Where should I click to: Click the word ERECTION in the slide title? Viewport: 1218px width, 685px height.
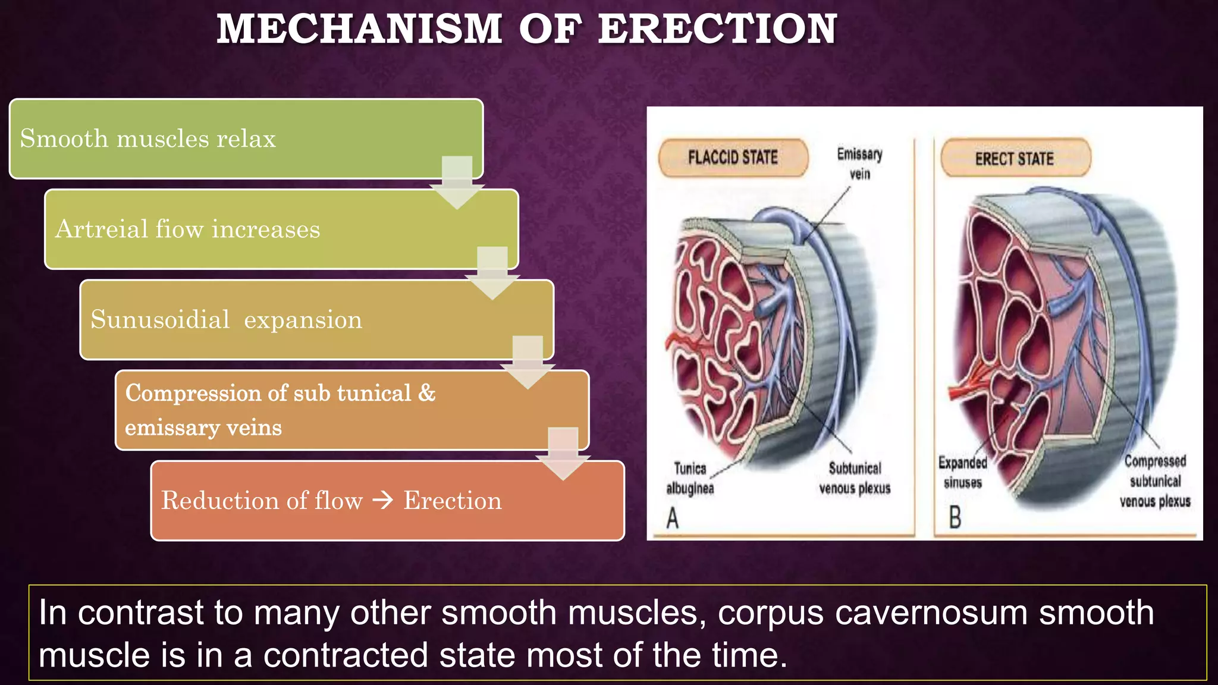[x=717, y=29]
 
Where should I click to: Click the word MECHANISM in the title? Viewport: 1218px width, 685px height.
[x=359, y=29]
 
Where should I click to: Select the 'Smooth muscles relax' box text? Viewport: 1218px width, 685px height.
[x=148, y=139]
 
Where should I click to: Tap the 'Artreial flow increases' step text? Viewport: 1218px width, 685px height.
[x=187, y=229]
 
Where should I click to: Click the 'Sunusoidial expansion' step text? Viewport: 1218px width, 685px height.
[x=226, y=320]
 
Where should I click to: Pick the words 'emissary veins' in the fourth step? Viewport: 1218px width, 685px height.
[x=203, y=428]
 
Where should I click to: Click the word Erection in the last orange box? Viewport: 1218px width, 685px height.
[x=453, y=501]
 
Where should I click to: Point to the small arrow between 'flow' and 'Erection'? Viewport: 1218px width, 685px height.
[x=383, y=501]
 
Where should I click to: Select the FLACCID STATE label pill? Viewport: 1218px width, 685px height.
[x=733, y=158]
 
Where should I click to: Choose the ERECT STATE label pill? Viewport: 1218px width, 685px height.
[x=1015, y=159]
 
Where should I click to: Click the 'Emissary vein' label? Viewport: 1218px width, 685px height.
[x=859, y=164]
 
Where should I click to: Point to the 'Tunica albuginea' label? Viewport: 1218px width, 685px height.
[x=690, y=478]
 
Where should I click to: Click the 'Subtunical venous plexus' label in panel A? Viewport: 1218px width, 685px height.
[x=855, y=478]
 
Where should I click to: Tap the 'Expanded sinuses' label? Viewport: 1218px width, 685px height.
[x=962, y=472]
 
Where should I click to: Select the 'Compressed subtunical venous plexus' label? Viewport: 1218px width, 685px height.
[x=1155, y=481]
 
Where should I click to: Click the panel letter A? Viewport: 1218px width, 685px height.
[x=673, y=518]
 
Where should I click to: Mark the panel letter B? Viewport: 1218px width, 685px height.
[x=955, y=517]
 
